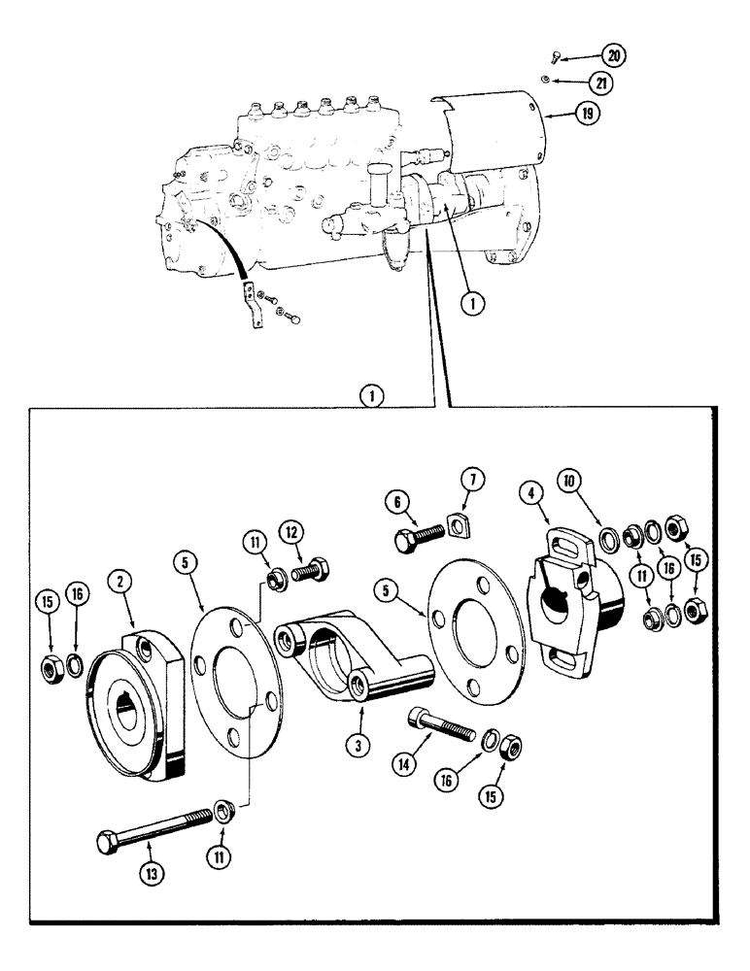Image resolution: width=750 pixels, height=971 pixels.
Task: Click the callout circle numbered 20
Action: click(x=614, y=55)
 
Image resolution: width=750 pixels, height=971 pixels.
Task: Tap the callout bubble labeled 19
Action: click(x=586, y=114)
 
